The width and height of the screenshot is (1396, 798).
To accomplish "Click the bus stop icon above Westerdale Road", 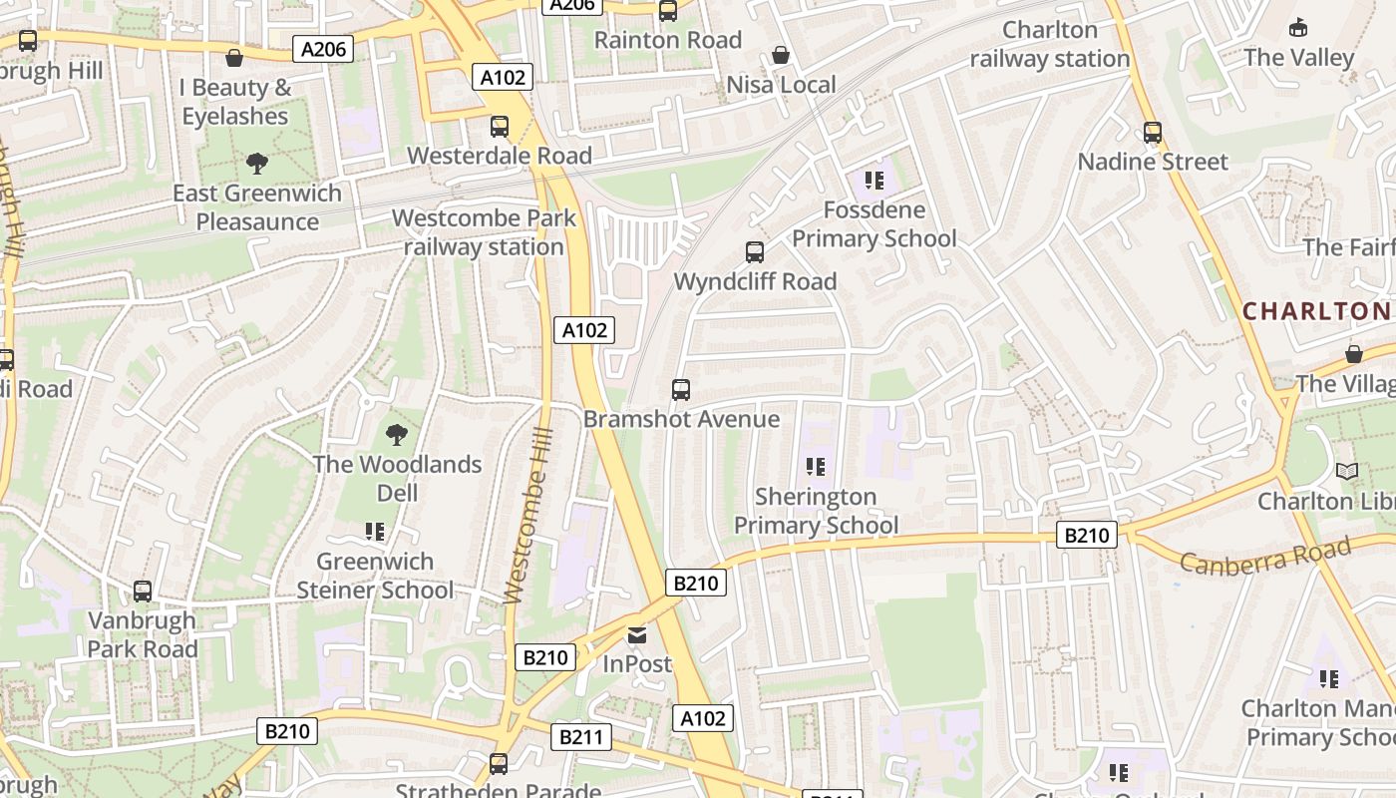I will coord(500,127).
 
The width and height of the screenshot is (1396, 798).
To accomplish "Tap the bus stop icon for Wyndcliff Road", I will coord(755,252).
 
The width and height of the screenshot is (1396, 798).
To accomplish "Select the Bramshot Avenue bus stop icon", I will coord(681,390).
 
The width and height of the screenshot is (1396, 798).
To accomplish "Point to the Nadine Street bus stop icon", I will coord(1153,133).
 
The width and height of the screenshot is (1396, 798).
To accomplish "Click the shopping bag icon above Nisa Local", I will coord(781,55).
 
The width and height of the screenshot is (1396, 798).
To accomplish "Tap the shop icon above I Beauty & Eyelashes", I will coord(234,58).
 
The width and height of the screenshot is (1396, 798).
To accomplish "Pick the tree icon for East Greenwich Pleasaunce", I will coord(257,164).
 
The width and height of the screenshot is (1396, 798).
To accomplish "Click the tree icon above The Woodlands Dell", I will coord(396,435).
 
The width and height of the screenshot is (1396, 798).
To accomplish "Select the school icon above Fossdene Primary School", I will coord(874,181).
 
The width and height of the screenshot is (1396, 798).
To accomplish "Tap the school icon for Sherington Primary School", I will coord(815,467).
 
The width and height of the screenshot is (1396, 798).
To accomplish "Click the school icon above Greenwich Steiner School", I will coord(375,532).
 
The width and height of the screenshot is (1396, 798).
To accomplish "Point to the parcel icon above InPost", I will coord(637,634).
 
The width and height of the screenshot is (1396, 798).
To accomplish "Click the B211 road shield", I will coord(580,737).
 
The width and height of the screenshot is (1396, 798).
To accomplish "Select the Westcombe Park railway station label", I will coord(484,232).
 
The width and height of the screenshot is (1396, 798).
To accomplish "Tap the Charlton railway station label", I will coord(1050,44).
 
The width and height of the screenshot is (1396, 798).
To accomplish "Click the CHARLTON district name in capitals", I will coord(1316,311).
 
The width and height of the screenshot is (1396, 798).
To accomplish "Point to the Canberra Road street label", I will coord(1265,555).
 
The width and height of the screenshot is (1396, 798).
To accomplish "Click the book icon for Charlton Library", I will coord(1347,471).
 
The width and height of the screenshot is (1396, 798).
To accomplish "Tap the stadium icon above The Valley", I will coord(1298,27).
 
